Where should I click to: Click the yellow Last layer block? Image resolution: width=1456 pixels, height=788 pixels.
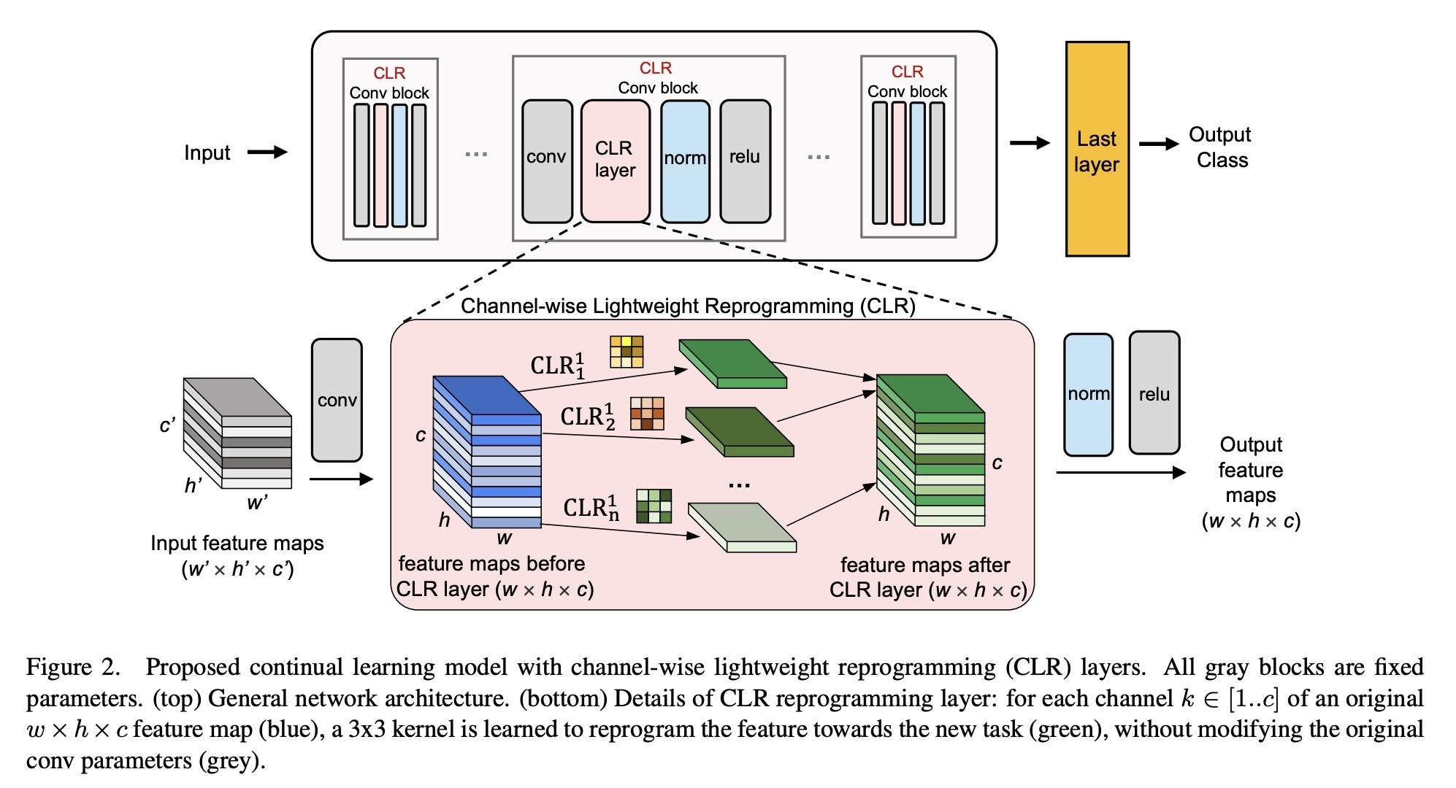pos(1097,149)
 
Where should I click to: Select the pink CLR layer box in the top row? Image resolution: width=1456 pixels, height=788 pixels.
pos(615,161)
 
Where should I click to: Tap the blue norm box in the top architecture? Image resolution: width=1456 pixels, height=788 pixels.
pos(685,161)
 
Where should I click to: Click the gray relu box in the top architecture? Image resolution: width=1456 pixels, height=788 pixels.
pos(745,161)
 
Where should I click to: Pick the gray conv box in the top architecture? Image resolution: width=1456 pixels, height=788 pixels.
pos(547,161)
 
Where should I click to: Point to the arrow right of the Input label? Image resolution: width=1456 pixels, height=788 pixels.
pos(267,152)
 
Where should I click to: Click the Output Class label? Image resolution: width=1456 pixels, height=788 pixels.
pos(1220,147)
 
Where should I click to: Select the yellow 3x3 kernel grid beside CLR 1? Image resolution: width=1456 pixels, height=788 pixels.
pos(627,352)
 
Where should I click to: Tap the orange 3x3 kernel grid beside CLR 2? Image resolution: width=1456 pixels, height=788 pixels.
pos(648,414)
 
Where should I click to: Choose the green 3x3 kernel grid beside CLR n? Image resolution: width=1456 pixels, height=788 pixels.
pos(654,506)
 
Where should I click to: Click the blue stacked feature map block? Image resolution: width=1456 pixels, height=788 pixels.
pos(487,452)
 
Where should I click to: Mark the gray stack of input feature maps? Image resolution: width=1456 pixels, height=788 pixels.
pos(237,433)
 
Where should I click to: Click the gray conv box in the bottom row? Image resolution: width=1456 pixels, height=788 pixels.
pos(337,400)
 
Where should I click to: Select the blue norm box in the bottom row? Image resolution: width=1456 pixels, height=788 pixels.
pos(1088,394)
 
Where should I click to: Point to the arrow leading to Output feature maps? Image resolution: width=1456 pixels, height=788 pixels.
pos(1120,473)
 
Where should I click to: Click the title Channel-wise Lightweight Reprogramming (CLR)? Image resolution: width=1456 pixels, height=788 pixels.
pos(688,306)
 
